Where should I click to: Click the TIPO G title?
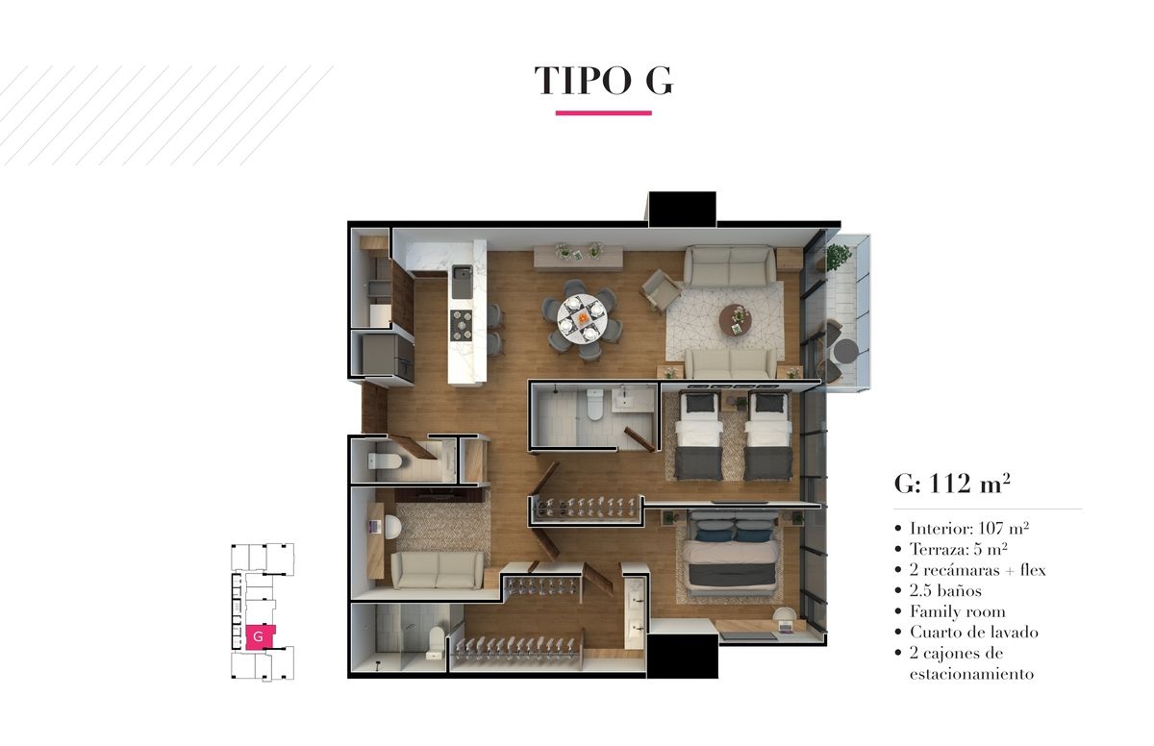pyautogui.click(x=603, y=81)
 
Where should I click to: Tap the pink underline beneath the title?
pyautogui.click(x=603, y=112)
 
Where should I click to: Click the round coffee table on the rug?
pyautogui.click(x=735, y=320)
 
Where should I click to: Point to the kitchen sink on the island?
pyautogui.click(x=462, y=282)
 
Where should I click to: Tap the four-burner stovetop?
pyautogui.click(x=461, y=325)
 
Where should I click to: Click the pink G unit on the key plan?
pyautogui.click(x=259, y=636)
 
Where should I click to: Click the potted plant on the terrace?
pyautogui.click(x=839, y=257)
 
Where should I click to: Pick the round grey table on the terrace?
pyautogui.click(x=846, y=352)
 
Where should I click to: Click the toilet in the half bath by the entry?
pyautogui.click(x=385, y=461)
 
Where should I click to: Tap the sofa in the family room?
pyautogui.click(x=438, y=570)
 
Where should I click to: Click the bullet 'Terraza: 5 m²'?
pyautogui.click(x=958, y=549)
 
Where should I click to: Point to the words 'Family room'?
pyautogui.click(x=957, y=611)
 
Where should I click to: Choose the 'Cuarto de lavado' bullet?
pyautogui.click(x=973, y=632)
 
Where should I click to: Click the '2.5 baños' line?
pyautogui.click(x=945, y=590)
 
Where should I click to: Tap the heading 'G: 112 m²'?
pyautogui.click(x=952, y=484)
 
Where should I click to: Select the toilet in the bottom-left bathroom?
pyautogui.click(x=436, y=642)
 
